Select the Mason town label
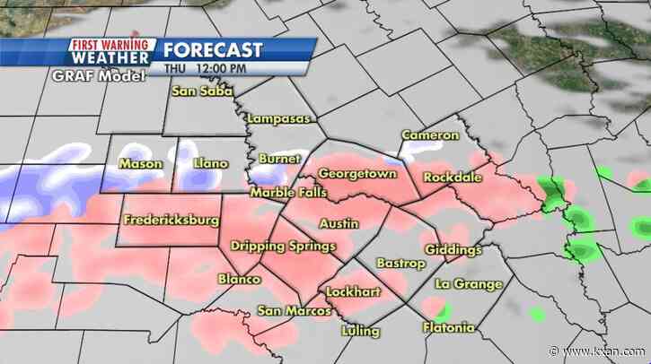coord(141,164)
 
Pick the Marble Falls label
coord(288,193)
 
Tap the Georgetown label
coord(357,172)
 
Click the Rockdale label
coord(453,176)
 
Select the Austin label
coord(339,221)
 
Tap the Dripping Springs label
coord(283,246)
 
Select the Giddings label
coord(453,249)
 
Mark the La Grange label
coord(468,284)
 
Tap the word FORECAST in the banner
coord(214,49)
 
